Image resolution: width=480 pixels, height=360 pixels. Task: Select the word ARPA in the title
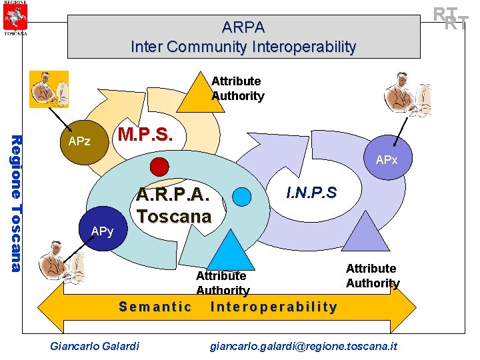243,27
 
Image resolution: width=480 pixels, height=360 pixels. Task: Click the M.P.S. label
145,135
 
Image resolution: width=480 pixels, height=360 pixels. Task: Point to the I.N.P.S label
311,193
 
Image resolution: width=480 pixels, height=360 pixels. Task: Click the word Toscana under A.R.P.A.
174,216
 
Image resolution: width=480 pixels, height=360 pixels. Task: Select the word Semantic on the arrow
155,307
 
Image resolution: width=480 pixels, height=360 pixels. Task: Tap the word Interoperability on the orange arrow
274,307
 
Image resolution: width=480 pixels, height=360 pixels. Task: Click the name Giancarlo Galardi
95,345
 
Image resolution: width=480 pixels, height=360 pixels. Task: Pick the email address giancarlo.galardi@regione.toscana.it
303,345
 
